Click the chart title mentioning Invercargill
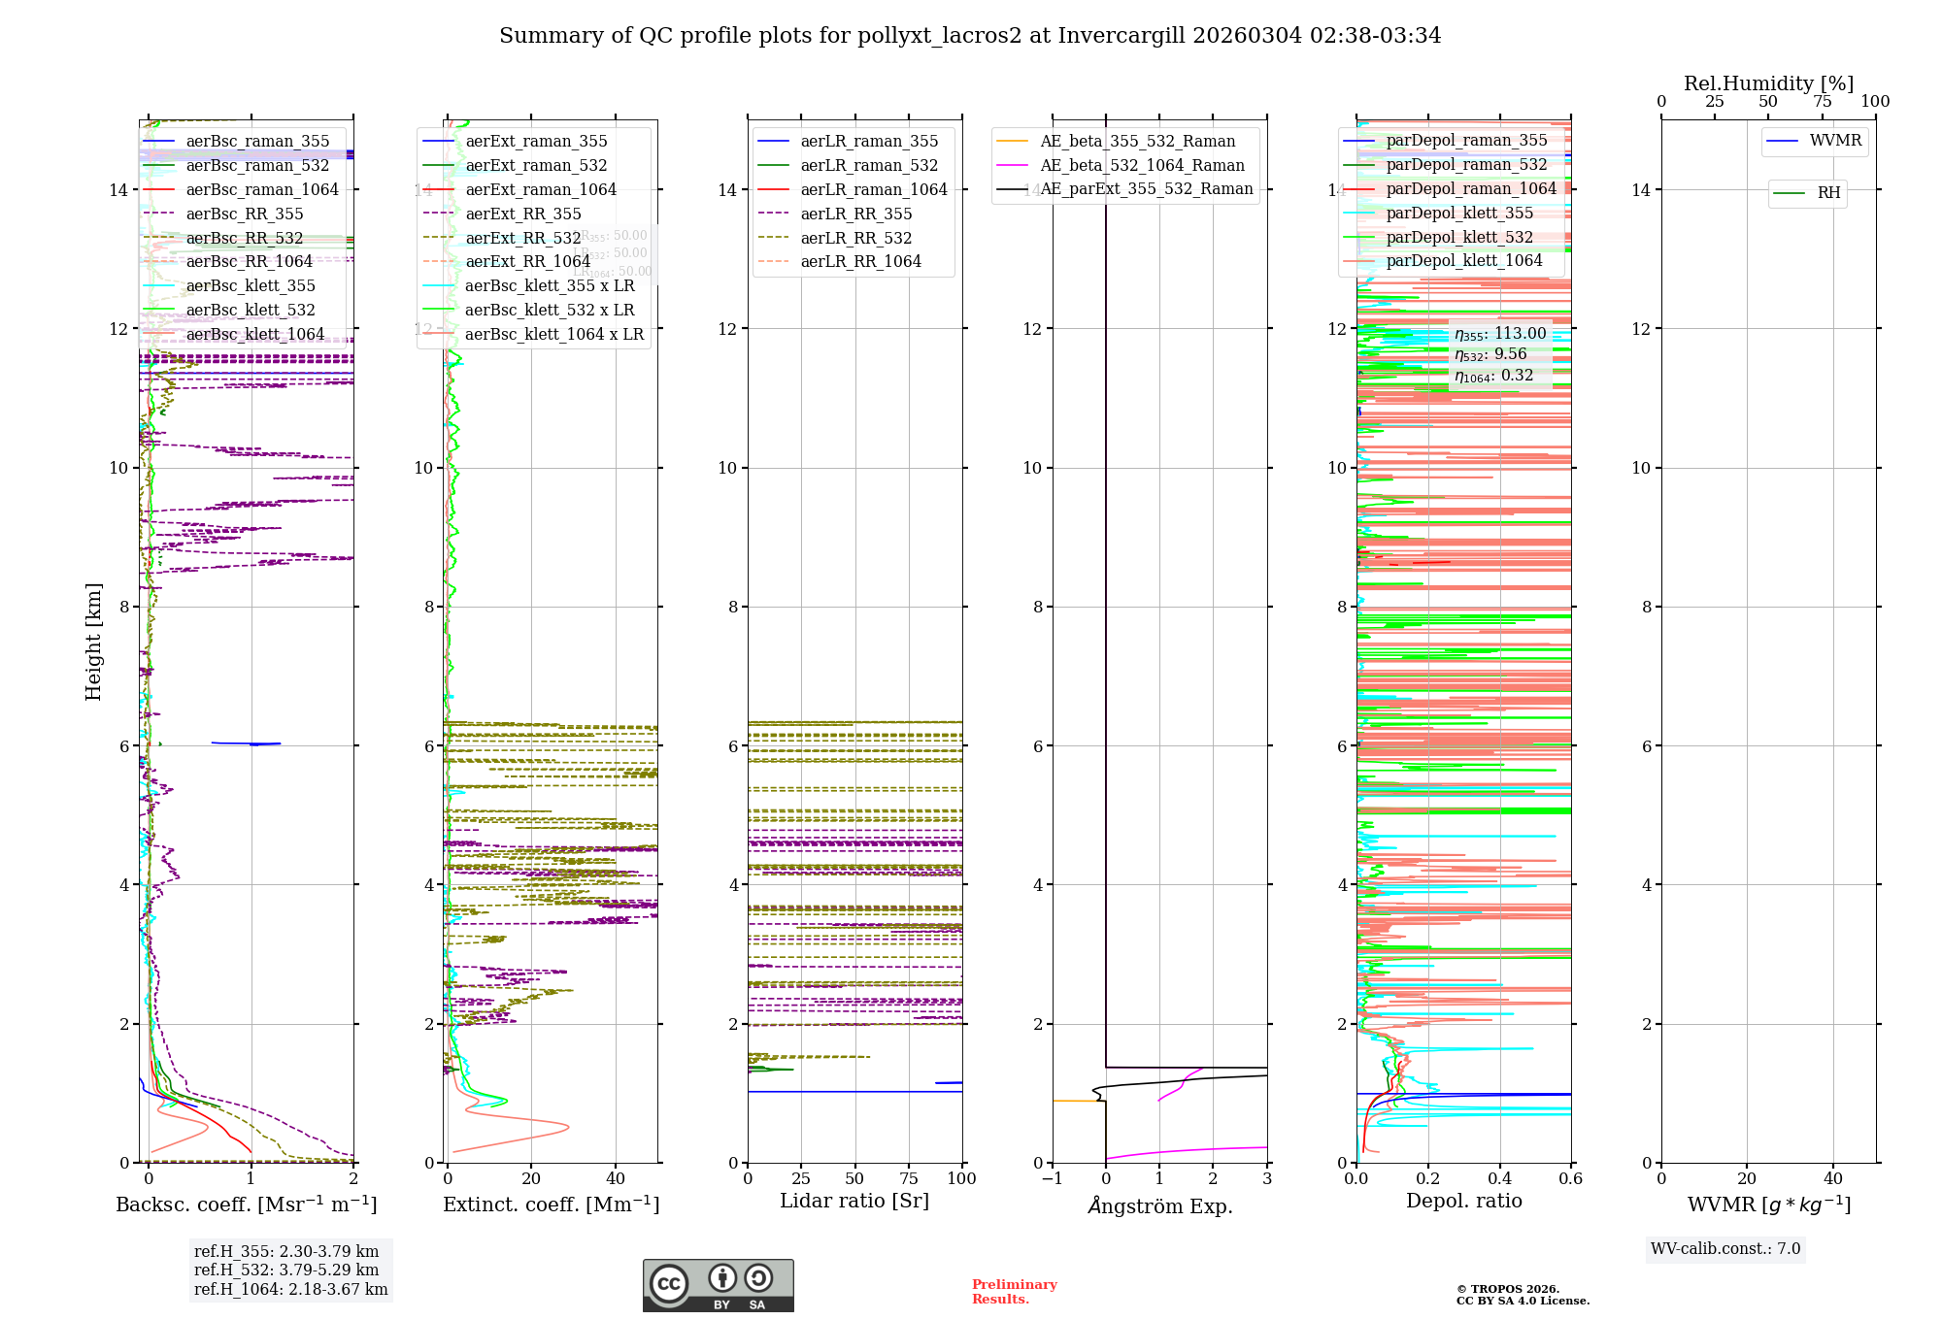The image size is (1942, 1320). pos(969,36)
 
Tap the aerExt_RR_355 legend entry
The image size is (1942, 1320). pos(522,214)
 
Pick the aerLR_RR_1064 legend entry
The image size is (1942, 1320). pos(860,261)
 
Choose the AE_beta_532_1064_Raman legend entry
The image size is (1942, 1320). pos(1142,165)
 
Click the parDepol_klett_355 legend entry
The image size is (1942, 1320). pos(1459,213)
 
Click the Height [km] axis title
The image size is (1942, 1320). pos(93,641)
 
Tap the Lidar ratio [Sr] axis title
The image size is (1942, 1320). pos(854,1201)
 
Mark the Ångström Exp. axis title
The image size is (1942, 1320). pos(1160,1205)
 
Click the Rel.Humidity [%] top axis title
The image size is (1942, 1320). pos(1768,83)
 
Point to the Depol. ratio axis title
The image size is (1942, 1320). pos(1463,1201)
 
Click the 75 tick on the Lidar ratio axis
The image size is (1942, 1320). pos(909,1178)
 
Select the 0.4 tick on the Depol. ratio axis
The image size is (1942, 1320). pos(1499,1178)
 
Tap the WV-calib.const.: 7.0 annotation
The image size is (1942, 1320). pos(1725,1249)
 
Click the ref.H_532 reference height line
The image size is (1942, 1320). pos(286,1270)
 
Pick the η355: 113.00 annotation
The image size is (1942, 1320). pos(1500,334)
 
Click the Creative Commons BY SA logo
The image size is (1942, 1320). pos(718,1285)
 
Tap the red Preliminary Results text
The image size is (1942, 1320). pos(1014,1291)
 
